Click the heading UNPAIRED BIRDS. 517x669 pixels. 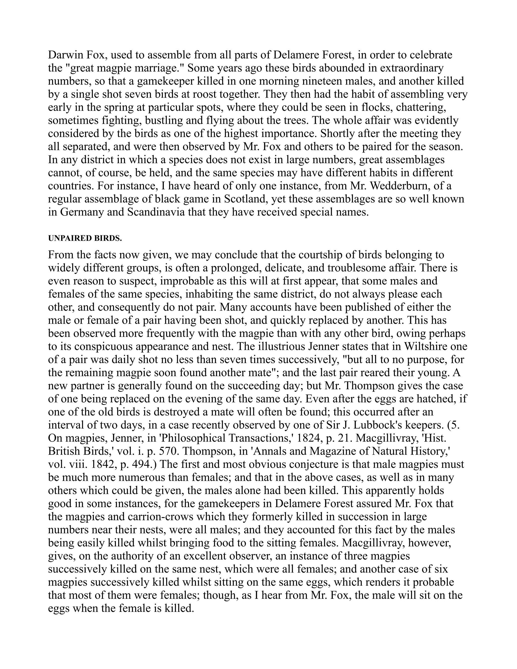click(x=85, y=239)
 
